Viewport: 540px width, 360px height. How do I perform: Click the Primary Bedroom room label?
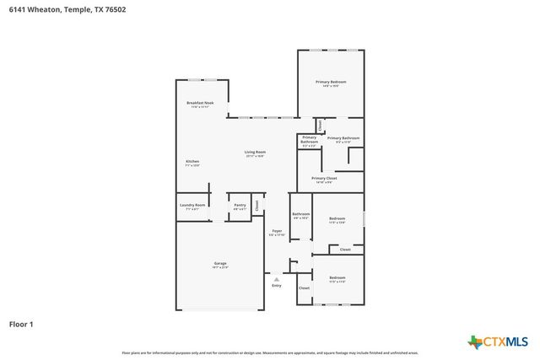331,82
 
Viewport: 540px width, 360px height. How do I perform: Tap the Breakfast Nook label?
200,103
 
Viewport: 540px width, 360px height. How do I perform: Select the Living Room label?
255,152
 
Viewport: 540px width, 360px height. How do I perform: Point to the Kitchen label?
192,161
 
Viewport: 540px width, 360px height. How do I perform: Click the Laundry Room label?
192,205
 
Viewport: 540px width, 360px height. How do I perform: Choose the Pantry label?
240,205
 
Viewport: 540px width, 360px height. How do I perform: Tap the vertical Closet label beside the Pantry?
257,204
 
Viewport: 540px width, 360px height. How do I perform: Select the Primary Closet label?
324,179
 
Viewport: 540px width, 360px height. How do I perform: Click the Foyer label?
277,230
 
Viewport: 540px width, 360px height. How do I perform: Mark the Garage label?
219,264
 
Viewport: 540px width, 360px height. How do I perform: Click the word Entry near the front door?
276,286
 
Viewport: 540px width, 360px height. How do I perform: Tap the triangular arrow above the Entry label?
276,277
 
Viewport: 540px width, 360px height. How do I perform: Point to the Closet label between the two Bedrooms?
345,250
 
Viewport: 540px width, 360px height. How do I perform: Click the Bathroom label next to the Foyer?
300,214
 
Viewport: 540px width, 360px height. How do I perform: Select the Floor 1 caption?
21,323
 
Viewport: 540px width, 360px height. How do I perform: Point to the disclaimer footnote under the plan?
270,352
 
